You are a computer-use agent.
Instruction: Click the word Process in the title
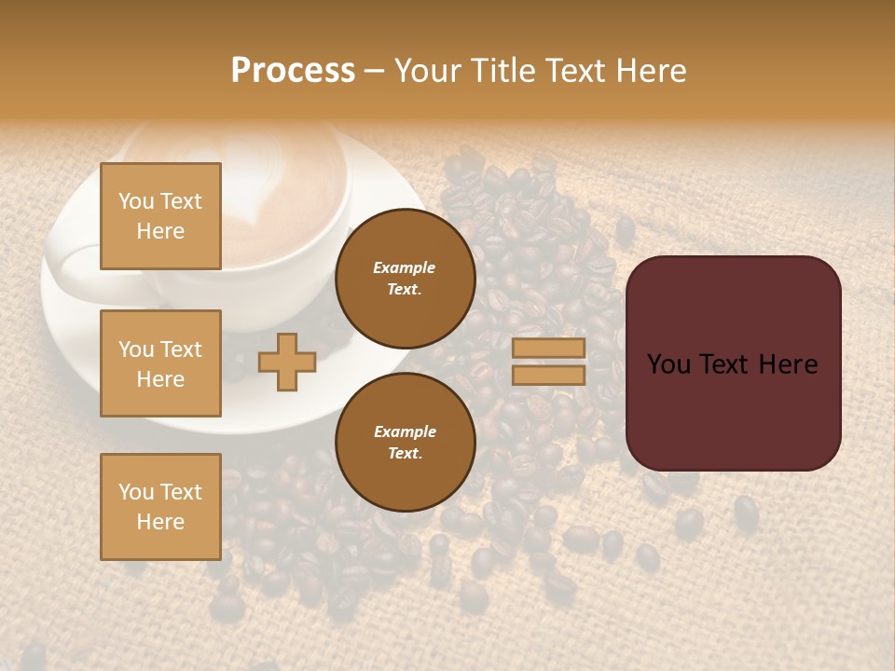pyautogui.click(x=293, y=71)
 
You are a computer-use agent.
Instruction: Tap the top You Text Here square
pyautogui.click(x=160, y=216)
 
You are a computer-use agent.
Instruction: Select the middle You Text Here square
pyautogui.click(x=160, y=363)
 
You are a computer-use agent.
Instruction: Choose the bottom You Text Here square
pyautogui.click(x=160, y=506)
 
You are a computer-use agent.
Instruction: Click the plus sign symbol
pyautogui.click(x=286, y=362)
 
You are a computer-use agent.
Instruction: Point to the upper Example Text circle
pyautogui.click(x=405, y=279)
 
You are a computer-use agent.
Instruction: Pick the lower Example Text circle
pyautogui.click(x=405, y=443)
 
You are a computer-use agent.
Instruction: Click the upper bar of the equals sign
pyautogui.click(x=549, y=349)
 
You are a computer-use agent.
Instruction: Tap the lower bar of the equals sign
pyautogui.click(x=549, y=375)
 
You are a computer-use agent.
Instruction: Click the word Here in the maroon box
pyautogui.click(x=788, y=364)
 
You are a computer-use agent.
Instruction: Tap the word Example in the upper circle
pyautogui.click(x=405, y=267)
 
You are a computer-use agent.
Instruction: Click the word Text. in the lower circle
pyautogui.click(x=405, y=454)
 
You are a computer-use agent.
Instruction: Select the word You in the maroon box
pyautogui.click(x=668, y=364)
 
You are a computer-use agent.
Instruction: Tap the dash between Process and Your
pyautogui.click(x=375, y=72)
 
